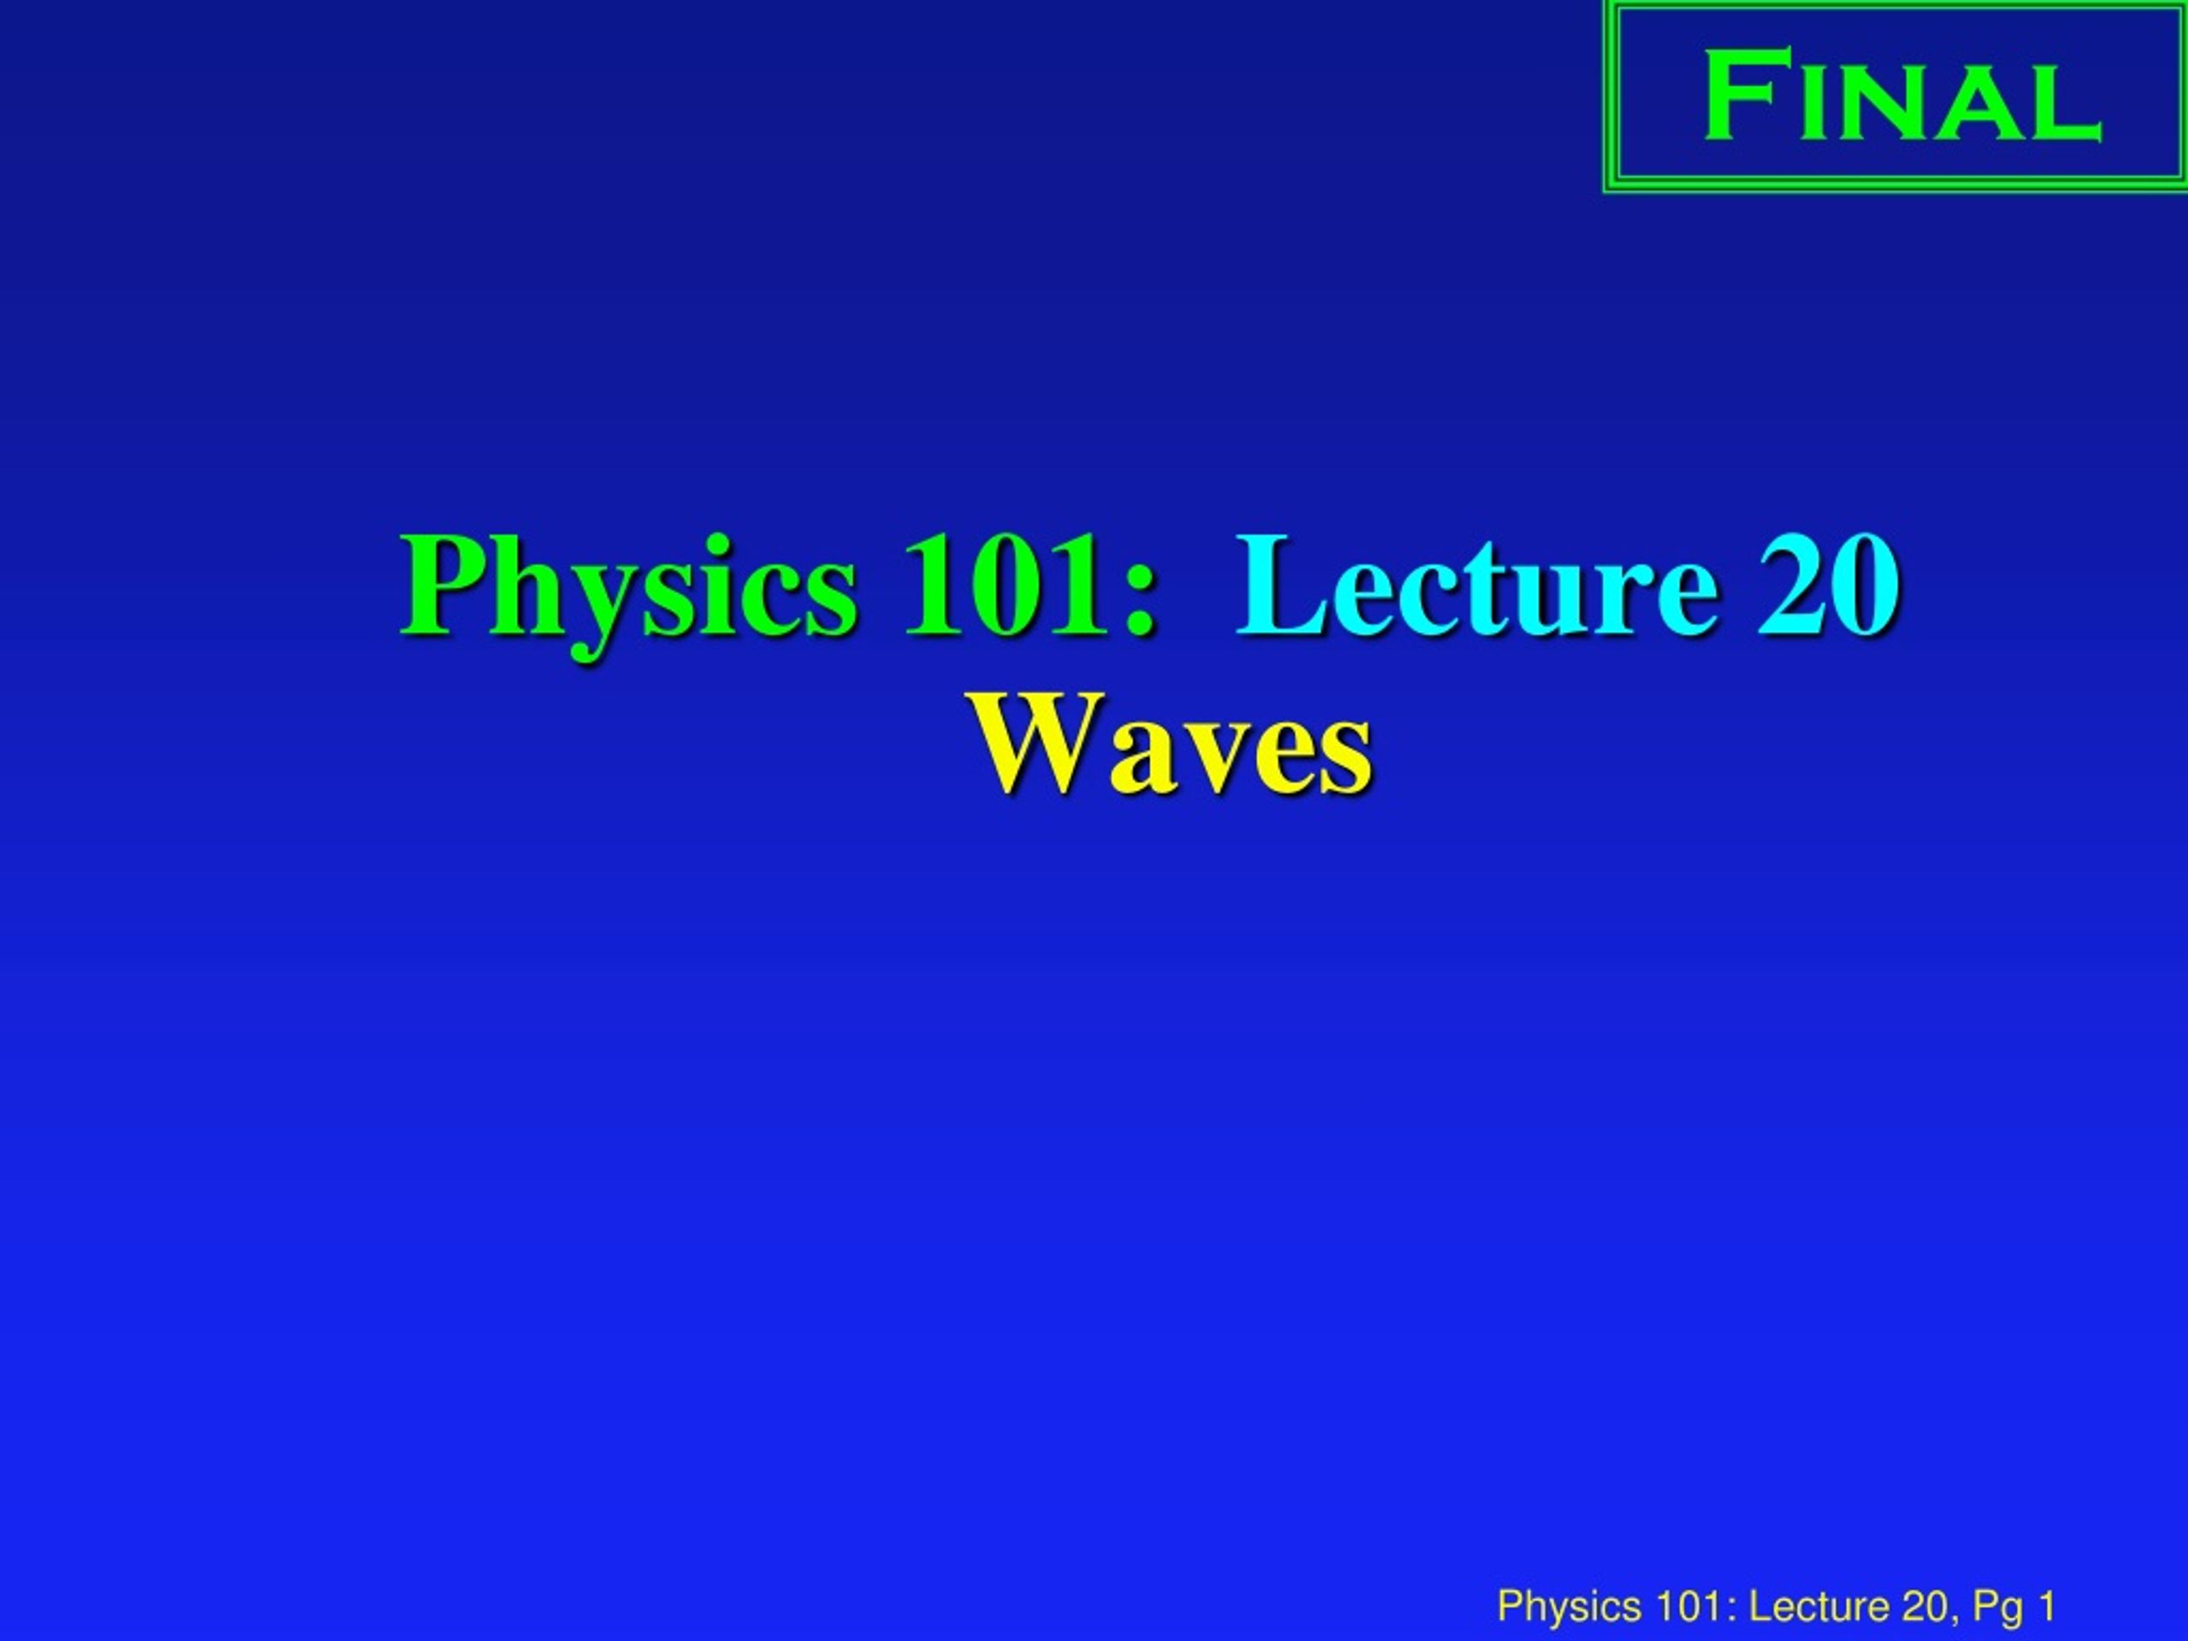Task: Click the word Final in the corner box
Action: [x=1901, y=97]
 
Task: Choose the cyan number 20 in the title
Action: [x=1828, y=585]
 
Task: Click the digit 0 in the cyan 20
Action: [x=1863, y=585]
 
